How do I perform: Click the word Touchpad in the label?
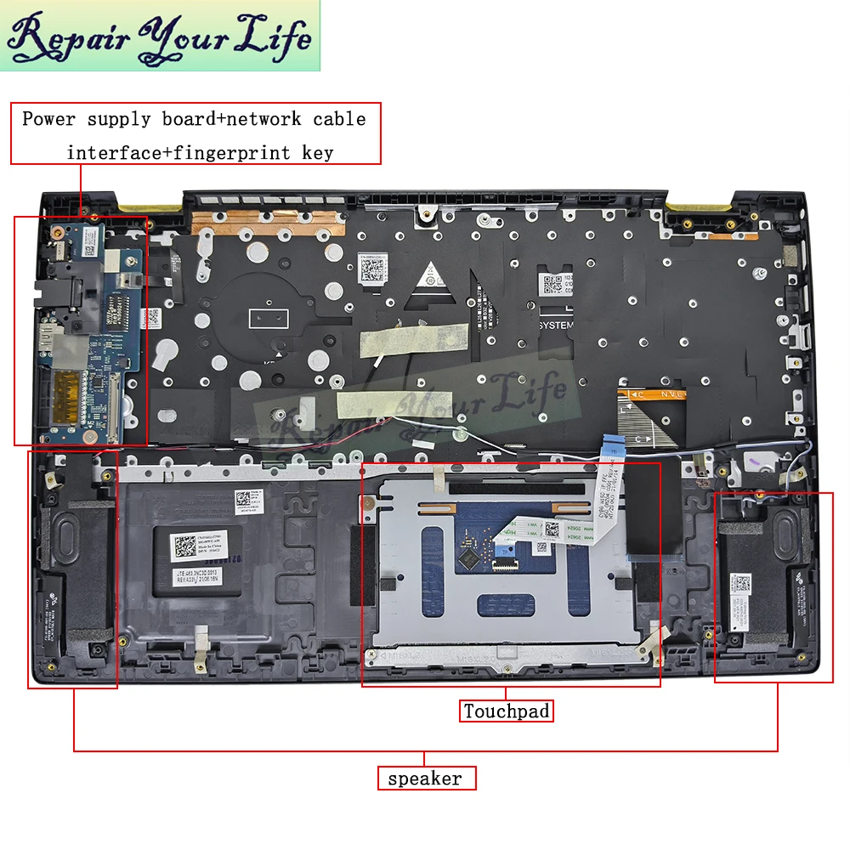[507, 711]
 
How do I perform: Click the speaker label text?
[426, 778]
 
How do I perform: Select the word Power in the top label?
[49, 119]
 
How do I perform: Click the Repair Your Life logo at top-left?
[161, 36]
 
